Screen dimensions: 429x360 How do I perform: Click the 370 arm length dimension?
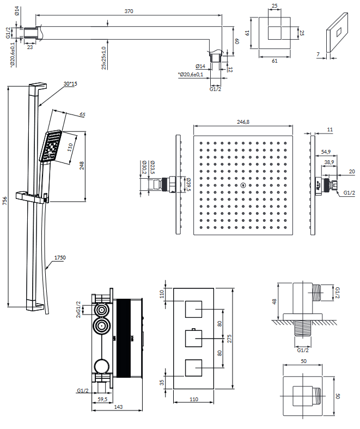point(129,11)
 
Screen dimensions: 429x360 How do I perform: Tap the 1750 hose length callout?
point(59,258)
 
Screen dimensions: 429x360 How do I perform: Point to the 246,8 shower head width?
point(242,122)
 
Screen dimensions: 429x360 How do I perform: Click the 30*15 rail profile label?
point(70,83)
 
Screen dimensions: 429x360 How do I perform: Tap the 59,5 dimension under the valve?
point(101,398)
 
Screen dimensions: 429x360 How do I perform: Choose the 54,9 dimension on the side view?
point(326,152)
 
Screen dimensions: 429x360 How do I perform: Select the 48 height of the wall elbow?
point(274,301)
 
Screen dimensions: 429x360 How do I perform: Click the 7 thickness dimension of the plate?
point(319,54)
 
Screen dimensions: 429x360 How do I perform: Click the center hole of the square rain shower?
point(242,185)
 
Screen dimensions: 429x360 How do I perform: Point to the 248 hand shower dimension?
point(82,166)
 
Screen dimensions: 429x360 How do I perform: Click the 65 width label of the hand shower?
point(82,115)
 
